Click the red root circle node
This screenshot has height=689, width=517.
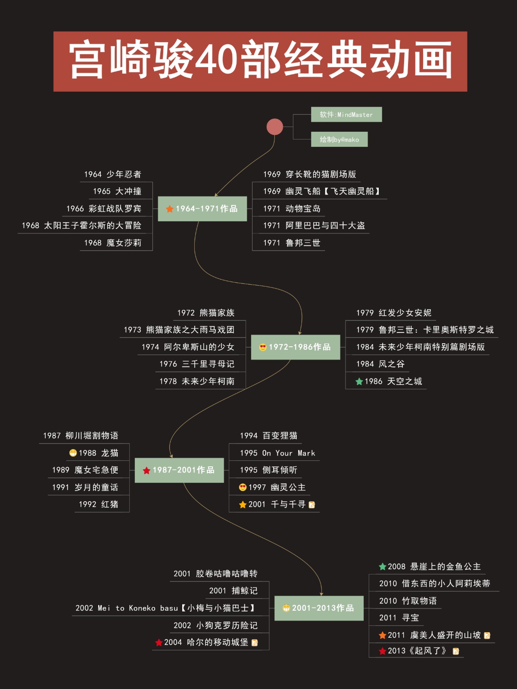pos(274,127)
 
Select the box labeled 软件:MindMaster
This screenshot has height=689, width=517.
pos(346,115)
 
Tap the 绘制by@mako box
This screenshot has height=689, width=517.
pos(339,140)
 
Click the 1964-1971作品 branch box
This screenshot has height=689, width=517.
pos(202,209)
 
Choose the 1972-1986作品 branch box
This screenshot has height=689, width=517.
pos(296,347)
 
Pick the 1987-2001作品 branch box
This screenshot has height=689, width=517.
pos(179,470)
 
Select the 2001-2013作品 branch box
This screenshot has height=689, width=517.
pos(319,608)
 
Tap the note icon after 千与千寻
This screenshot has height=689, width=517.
pos(312,505)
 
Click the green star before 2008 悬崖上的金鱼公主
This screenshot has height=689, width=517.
pos(382,567)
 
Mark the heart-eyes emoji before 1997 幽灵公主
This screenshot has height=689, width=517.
pos(243,487)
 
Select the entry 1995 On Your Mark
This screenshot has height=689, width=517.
pos(277,453)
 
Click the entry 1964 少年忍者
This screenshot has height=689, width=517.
pos(113,174)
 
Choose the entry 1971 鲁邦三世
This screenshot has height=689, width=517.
pos(292,243)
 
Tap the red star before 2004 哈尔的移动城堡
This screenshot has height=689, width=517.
pos(159,642)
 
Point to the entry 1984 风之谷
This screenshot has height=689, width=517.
pos(380,364)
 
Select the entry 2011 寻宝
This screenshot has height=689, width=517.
pos(399,618)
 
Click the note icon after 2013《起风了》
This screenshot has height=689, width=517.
pos(456,651)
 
